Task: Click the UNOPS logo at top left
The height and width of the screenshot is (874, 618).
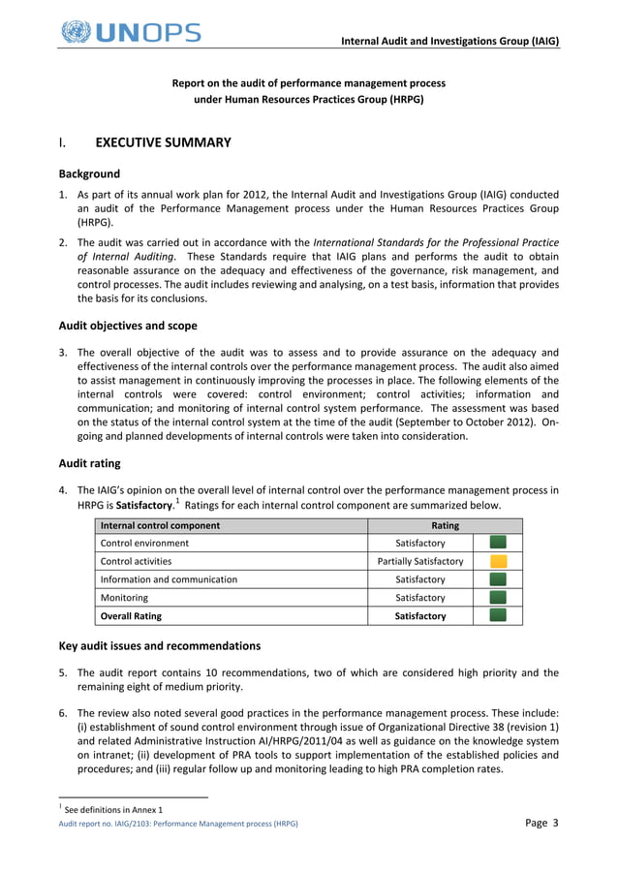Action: (130, 31)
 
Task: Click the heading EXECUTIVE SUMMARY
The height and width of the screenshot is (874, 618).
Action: (163, 143)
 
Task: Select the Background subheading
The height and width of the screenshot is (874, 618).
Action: (89, 174)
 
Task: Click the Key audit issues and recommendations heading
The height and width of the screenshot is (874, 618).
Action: (159, 645)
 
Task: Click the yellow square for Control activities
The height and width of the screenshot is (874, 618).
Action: (498, 561)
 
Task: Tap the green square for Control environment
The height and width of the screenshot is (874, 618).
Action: (498, 543)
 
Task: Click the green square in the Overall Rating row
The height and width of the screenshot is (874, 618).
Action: (498, 615)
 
